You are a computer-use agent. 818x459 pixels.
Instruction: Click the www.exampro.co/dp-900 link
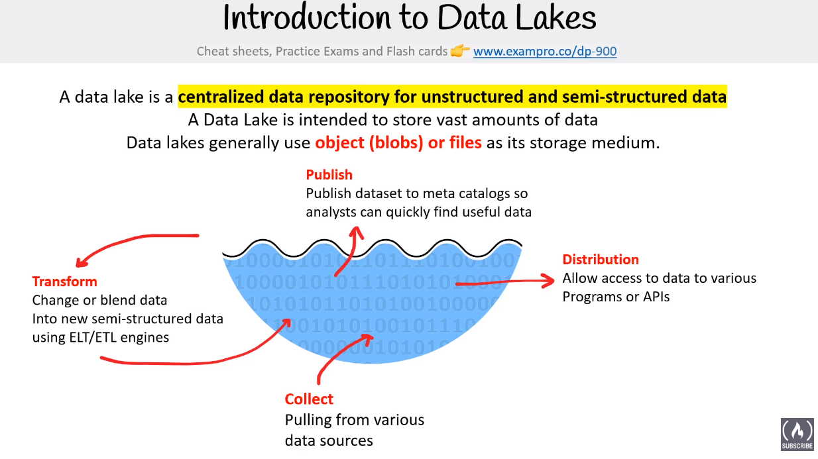click(x=545, y=52)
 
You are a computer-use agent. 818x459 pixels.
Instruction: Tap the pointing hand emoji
click(x=460, y=50)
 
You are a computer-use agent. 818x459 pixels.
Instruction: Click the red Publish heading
click(x=329, y=175)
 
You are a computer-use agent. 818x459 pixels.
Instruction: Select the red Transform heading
click(x=65, y=281)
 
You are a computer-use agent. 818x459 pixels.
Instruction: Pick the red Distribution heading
click(x=601, y=260)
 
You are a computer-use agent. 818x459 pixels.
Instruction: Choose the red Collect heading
click(x=309, y=399)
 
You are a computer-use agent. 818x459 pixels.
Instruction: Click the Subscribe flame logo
click(x=797, y=434)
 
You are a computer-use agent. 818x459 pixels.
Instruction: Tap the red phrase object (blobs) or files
click(x=398, y=142)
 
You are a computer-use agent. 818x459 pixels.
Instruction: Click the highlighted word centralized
click(x=221, y=97)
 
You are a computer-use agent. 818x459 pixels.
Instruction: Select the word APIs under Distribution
click(x=656, y=297)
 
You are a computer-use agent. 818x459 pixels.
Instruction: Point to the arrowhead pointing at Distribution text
click(x=548, y=281)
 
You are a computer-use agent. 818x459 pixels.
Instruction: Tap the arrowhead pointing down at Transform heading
click(x=81, y=262)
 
